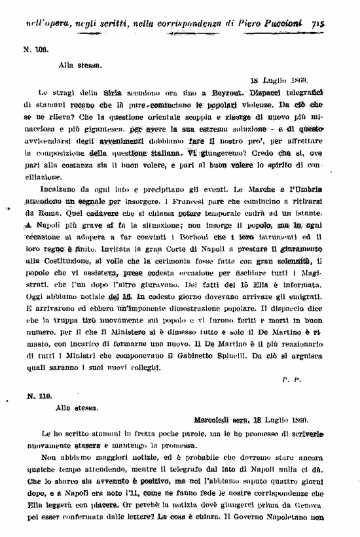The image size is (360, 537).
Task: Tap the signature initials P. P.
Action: (291, 379)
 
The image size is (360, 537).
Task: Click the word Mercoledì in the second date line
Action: (219, 419)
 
